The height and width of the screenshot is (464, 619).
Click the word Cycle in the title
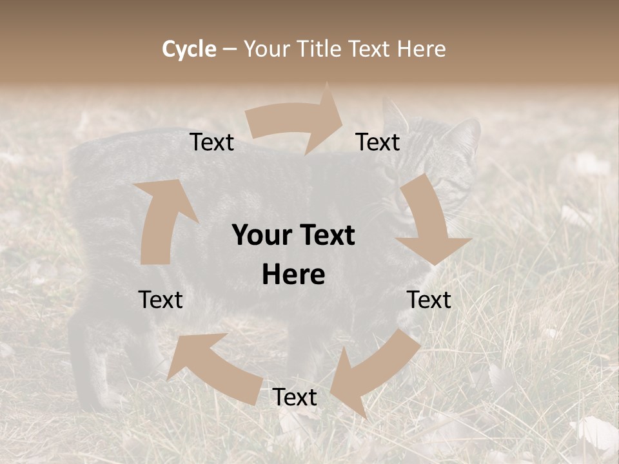click(189, 49)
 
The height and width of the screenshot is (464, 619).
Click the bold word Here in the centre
click(293, 275)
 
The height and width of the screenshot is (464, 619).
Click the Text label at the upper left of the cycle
click(211, 142)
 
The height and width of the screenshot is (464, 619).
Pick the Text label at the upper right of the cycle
click(378, 142)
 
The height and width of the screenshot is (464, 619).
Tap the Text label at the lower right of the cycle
click(429, 300)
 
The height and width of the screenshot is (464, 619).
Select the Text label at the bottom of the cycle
click(295, 398)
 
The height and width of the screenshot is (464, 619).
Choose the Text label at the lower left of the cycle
click(161, 300)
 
